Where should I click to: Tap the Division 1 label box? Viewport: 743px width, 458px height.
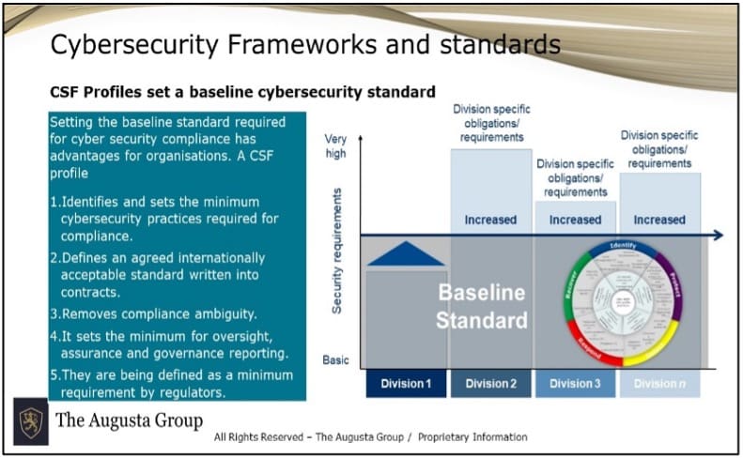click(x=407, y=383)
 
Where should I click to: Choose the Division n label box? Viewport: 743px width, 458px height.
click(x=660, y=383)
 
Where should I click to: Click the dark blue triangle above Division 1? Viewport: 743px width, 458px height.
click(x=406, y=254)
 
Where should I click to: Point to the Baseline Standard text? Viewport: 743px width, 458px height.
click(x=482, y=306)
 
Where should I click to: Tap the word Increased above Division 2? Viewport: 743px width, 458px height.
click(x=490, y=220)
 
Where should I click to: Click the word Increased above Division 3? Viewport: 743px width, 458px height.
click(x=575, y=220)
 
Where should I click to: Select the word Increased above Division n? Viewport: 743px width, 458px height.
click(x=659, y=220)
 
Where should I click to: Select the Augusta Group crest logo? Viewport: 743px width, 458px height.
click(x=30, y=420)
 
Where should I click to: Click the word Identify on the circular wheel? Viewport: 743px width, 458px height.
click(x=624, y=248)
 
